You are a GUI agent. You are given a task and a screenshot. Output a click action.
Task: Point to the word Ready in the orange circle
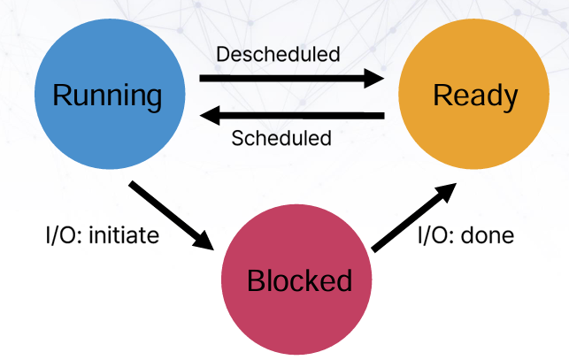click(x=474, y=96)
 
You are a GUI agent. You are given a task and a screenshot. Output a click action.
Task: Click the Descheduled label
click(x=278, y=54)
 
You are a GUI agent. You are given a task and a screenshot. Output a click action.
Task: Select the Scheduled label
click(x=281, y=138)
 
